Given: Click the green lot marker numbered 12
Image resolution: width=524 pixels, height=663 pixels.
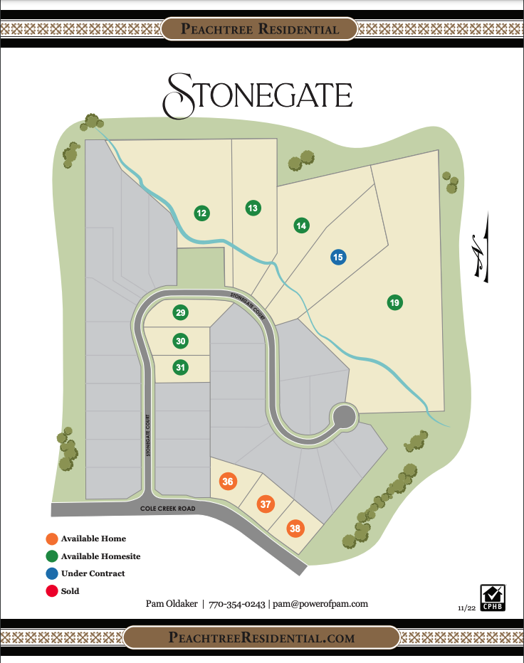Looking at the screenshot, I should [x=201, y=213].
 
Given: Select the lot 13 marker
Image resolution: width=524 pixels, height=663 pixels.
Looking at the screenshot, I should [x=253, y=208].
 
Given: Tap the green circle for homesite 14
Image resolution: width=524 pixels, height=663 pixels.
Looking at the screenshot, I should [x=301, y=226].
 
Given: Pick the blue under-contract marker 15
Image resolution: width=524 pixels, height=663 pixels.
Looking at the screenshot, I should [x=338, y=257].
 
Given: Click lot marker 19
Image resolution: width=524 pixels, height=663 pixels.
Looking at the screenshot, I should [x=394, y=302].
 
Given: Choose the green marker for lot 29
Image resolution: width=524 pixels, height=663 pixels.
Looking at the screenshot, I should [x=180, y=313].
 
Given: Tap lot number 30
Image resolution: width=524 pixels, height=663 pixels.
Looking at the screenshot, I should [x=181, y=341].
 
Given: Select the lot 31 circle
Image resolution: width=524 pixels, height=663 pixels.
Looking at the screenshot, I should [x=181, y=367].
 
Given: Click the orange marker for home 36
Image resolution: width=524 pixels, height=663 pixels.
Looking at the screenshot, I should [x=228, y=482].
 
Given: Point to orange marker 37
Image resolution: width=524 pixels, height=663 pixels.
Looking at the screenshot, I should [x=266, y=504].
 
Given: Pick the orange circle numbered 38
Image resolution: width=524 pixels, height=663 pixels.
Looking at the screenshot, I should [x=295, y=529].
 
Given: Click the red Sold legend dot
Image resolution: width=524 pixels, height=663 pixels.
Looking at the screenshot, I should [x=51, y=590].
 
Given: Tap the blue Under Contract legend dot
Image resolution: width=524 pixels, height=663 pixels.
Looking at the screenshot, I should [x=51, y=573].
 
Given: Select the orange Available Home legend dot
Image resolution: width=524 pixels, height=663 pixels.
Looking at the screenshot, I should [x=51, y=539].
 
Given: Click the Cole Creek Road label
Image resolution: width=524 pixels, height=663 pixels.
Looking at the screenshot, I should [x=169, y=508].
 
